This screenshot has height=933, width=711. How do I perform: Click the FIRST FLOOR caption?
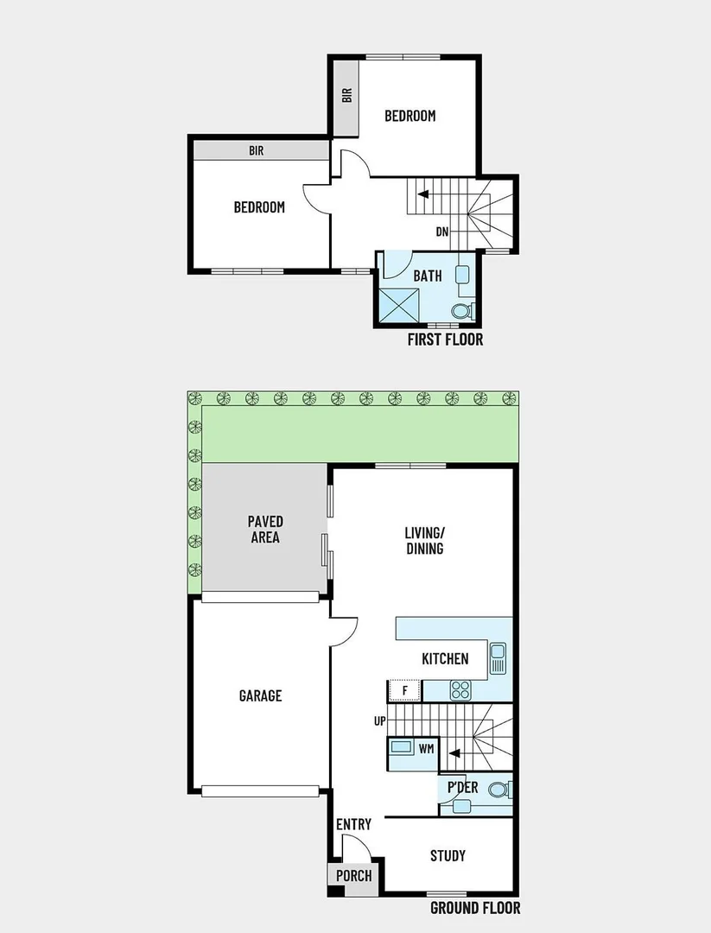(445, 340)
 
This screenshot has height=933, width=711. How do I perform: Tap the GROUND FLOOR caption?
(475, 908)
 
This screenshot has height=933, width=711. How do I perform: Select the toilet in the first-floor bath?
(462, 311)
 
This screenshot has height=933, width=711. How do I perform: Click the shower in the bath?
(400, 306)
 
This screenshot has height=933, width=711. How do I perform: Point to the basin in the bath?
(463, 275)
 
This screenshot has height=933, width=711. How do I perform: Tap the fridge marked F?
(404, 691)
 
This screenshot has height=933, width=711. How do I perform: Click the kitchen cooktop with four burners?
(460, 690)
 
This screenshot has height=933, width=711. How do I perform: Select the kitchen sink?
(498, 658)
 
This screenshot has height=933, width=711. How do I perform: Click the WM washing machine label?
(426, 748)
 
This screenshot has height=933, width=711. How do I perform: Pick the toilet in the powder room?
(498, 790)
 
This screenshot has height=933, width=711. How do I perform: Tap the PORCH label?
(353, 876)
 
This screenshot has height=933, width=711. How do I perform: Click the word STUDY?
(448, 855)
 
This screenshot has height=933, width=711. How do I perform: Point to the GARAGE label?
(260, 695)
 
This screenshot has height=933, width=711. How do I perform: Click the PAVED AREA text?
(265, 529)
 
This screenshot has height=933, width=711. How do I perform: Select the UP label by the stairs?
(379, 721)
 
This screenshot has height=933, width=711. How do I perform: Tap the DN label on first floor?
(442, 232)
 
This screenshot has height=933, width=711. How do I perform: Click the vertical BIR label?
(347, 95)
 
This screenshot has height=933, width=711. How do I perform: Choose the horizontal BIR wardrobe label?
(257, 151)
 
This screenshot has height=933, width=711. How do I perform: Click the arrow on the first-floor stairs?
(423, 194)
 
